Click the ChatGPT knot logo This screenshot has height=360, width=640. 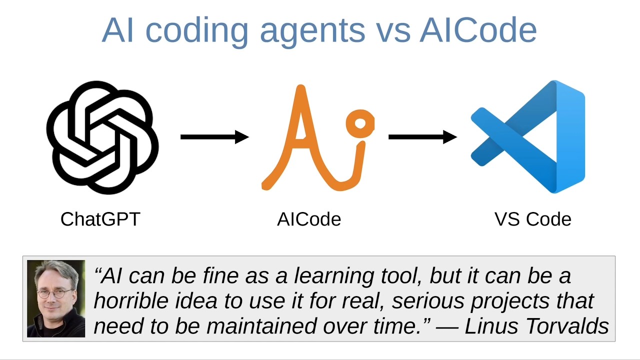[102, 137]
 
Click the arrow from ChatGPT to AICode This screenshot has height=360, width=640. [214, 136]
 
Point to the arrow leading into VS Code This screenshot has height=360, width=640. [422, 136]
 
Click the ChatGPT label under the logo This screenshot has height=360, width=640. [100, 219]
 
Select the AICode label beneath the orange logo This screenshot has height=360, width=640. [309, 219]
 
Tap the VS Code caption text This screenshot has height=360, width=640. [532, 219]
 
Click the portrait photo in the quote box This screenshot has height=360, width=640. [56, 298]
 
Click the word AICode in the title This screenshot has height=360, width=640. [478, 30]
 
